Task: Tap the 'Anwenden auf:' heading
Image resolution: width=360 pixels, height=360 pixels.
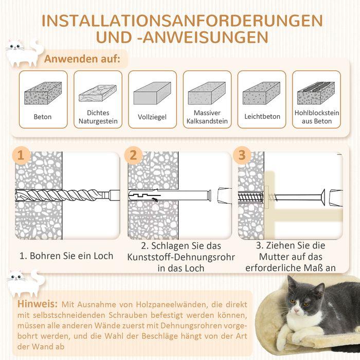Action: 82,59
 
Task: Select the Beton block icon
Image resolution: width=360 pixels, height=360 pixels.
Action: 43,93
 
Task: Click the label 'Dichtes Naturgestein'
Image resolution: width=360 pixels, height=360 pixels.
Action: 98,117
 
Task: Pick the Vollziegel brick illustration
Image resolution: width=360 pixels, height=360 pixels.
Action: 152,93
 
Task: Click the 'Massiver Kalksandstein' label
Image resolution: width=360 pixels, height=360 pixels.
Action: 207,117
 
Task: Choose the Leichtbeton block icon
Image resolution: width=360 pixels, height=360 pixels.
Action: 261,93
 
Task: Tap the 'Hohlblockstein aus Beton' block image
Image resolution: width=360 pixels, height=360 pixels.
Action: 316,93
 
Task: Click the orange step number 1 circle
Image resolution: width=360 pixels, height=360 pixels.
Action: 20,155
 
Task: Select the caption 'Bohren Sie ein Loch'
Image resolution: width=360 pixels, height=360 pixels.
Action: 66,256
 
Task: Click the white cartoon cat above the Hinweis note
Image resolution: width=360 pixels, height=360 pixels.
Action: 23,281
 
